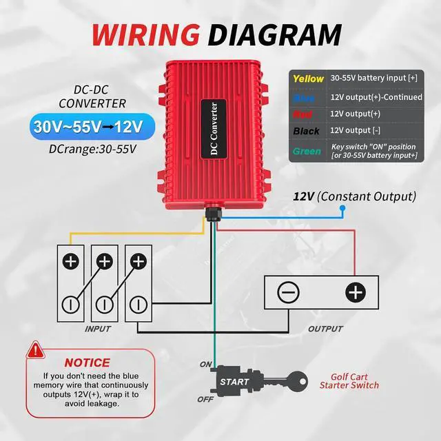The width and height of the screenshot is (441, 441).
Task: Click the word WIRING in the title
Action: click(x=144, y=34)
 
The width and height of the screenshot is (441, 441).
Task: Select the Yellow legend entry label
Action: click(x=308, y=79)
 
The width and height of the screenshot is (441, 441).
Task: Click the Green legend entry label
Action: click(x=306, y=151)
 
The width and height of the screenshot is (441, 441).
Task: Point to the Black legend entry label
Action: click(x=306, y=131)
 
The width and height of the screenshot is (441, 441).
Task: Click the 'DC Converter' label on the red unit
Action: click(x=214, y=132)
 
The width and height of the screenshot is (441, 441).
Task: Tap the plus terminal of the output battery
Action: click(x=354, y=293)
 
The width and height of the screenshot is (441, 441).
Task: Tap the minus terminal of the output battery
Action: click(x=288, y=293)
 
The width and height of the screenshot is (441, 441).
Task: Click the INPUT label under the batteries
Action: click(x=98, y=329)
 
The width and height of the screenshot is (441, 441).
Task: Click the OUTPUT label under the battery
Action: click(x=325, y=329)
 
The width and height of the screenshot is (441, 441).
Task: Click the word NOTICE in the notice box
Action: click(x=87, y=362)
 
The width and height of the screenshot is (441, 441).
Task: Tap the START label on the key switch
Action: click(x=234, y=382)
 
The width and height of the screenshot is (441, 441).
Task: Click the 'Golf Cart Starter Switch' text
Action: click(x=349, y=381)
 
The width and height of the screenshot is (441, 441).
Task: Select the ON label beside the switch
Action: click(x=205, y=364)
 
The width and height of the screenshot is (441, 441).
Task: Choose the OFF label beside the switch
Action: click(x=205, y=399)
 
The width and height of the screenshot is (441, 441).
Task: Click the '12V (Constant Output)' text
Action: click(x=354, y=196)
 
